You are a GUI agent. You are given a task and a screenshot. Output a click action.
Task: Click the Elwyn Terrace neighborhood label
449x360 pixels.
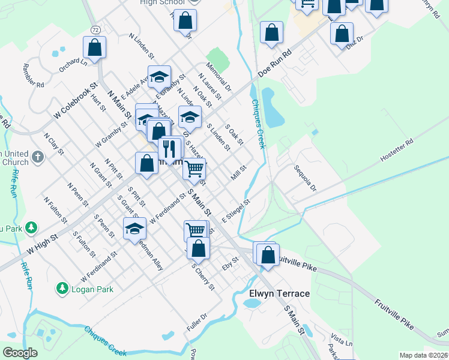280,293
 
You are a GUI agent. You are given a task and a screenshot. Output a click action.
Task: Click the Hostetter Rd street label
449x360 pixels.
397,151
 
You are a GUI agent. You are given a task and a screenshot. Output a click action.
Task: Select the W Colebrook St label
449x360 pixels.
75,100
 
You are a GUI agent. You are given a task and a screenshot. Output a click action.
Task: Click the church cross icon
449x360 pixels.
37,158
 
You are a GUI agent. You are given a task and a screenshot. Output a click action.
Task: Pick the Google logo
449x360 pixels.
20,353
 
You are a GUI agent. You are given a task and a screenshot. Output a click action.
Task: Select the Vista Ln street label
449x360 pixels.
341,340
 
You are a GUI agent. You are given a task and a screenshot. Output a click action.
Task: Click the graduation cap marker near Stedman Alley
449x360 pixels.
134,229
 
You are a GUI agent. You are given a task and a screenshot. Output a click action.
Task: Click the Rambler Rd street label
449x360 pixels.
32,76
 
